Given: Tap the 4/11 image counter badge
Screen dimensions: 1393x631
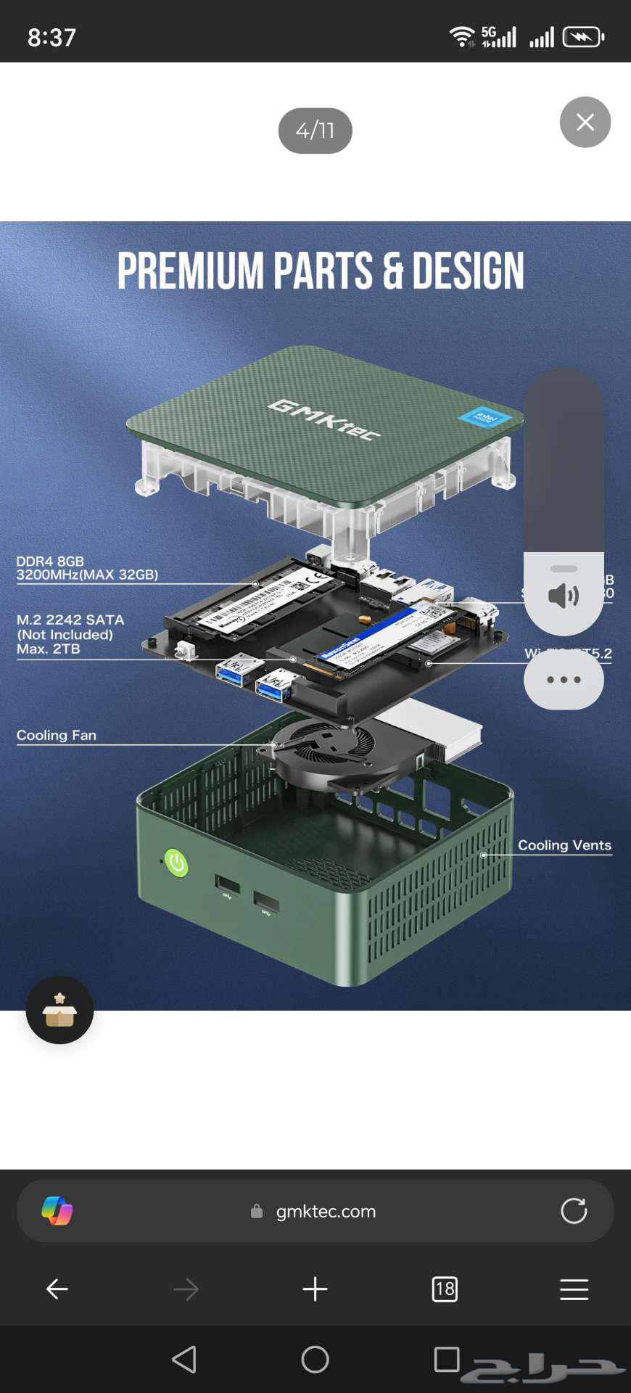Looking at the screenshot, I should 315,131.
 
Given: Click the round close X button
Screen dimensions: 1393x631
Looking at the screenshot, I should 585,122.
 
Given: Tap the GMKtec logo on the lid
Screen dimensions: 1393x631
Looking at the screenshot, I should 323,419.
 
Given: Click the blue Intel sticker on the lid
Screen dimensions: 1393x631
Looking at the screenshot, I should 485,417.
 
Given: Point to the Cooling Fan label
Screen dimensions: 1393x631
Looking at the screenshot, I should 56,735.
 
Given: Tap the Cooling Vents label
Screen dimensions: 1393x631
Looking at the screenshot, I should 564,845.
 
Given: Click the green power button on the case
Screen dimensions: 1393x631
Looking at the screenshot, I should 176,863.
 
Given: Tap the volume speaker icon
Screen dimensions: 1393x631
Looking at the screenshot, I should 564,596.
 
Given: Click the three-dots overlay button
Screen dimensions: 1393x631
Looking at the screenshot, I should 564,680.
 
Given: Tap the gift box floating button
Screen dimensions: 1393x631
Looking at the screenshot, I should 59,1010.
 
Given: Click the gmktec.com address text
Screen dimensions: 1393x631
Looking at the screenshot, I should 326,1211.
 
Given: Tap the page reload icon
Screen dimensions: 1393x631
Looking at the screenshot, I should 574,1211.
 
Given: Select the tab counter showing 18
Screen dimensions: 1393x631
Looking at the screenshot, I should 444,1289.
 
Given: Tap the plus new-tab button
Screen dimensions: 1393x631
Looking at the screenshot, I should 315,1289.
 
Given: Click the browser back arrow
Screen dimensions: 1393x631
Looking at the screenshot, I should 57,1289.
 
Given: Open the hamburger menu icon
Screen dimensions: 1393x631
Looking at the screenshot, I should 574,1289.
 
